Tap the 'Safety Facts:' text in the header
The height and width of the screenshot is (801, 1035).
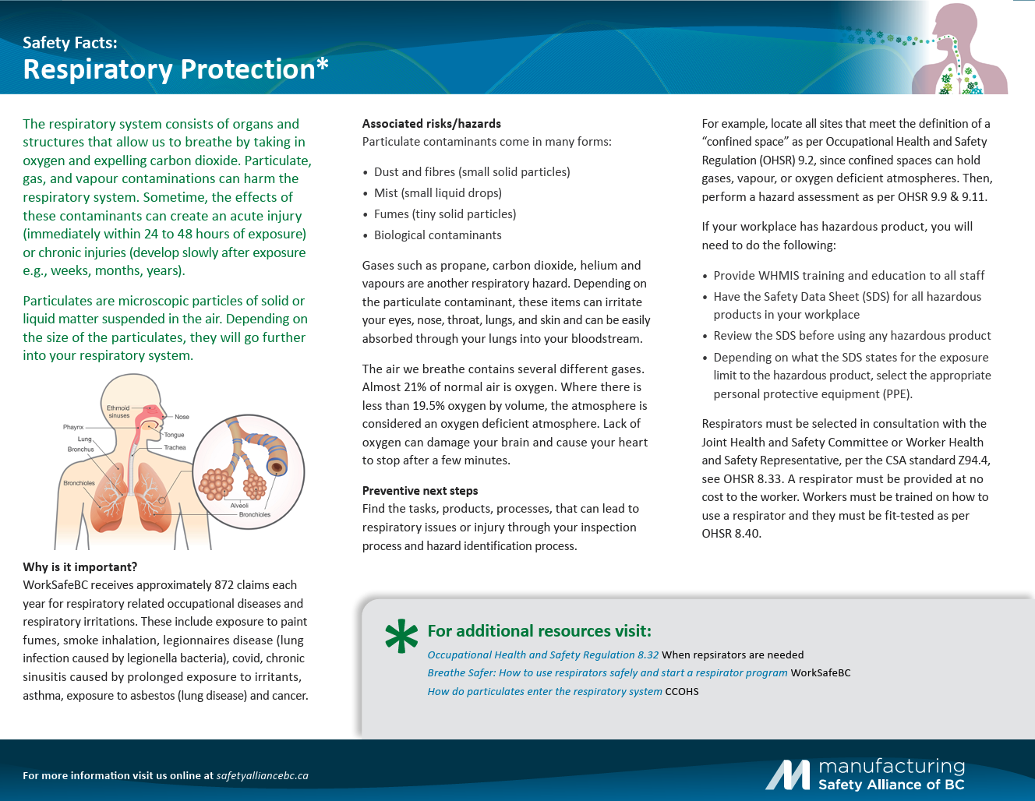click(70, 43)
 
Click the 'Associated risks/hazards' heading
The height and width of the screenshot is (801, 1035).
click(431, 123)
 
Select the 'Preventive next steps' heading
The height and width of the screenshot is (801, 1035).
click(419, 490)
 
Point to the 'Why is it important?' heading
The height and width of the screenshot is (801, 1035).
click(79, 566)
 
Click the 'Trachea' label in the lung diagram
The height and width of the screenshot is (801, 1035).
click(175, 447)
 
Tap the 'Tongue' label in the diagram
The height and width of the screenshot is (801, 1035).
click(174, 435)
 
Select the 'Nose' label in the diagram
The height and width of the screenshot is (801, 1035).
click(182, 417)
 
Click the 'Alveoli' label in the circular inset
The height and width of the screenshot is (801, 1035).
click(239, 506)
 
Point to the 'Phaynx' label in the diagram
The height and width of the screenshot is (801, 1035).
click(73, 427)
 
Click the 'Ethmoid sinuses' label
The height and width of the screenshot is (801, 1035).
click(118, 411)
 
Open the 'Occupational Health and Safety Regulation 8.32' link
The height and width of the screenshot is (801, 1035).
click(542, 655)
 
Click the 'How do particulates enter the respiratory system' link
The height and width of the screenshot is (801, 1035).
click(544, 691)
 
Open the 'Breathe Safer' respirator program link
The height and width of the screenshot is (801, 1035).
click(607, 672)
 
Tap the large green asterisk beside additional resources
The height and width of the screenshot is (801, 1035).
click(401, 636)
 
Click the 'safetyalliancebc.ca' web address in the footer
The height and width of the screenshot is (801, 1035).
click(262, 775)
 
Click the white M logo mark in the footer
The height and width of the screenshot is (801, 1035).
click(788, 775)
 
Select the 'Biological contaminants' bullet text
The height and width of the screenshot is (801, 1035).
click(437, 235)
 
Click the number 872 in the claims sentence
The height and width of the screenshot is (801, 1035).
click(224, 584)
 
